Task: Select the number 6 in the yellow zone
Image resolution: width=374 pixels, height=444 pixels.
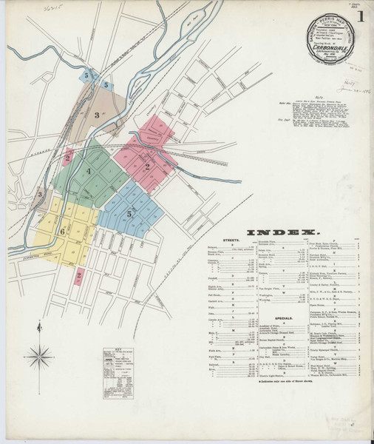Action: tap(63, 232)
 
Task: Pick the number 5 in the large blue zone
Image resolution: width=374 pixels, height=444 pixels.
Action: tap(129, 214)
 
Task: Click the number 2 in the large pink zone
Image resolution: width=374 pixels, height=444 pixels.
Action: tap(149, 167)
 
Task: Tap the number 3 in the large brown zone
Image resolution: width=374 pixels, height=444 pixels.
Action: tap(96, 115)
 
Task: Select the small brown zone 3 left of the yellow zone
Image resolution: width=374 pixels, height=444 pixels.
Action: tap(39, 195)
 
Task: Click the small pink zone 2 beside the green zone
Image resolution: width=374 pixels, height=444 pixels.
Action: tap(68, 158)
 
